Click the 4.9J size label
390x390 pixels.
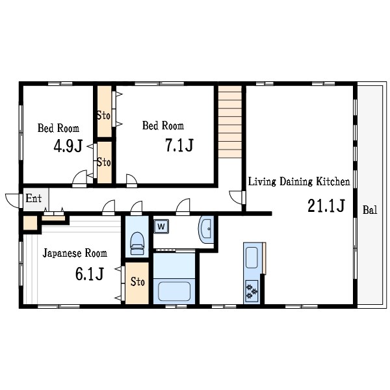[x=68, y=146]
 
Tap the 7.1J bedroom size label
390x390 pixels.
[x=179, y=145]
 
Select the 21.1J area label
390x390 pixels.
[x=326, y=205]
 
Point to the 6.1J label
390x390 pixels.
[x=89, y=274]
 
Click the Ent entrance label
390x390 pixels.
[x=34, y=198]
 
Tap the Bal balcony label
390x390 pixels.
[x=370, y=210]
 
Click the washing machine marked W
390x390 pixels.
[x=161, y=226]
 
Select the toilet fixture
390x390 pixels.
[x=137, y=243]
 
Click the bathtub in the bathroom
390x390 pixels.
[x=174, y=291]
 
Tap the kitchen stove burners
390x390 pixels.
[x=252, y=291]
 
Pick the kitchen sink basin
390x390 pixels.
[x=252, y=257]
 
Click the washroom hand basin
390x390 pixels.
[x=206, y=230]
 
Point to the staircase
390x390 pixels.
[x=230, y=122]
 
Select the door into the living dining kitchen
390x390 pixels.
[x=236, y=198]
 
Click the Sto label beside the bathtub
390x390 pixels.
[x=138, y=282]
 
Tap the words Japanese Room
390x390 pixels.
[x=75, y=253]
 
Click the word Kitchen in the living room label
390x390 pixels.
[x=333, y=181]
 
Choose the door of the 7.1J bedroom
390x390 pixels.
[x=131, y=181]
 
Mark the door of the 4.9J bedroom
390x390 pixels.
[x=79, y=179]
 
